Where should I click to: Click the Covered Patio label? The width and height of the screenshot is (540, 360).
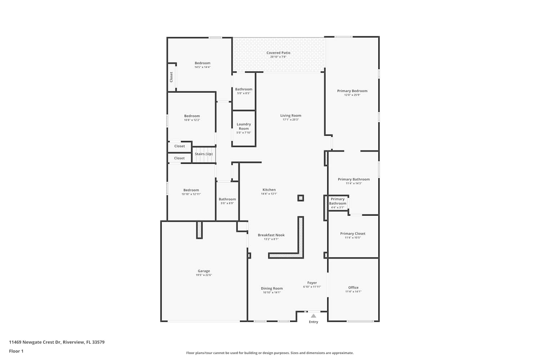pos(278,53)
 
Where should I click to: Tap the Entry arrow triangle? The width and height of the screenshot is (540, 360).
pos(313,316)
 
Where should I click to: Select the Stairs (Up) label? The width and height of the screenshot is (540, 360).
pos(204,154)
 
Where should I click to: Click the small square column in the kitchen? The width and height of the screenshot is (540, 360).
pos(300,198)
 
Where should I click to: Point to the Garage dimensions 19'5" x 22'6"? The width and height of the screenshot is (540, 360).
pos(204,275)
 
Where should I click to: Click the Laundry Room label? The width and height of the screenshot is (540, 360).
pos(244,126)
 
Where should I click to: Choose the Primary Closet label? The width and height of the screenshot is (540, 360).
pos(353,234)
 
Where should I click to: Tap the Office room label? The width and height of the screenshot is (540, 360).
pos(353,287)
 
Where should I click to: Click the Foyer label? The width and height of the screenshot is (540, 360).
pos(312,283)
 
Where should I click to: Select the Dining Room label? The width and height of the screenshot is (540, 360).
pos(272,288)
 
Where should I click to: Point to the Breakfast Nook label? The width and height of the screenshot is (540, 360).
pos(271,235)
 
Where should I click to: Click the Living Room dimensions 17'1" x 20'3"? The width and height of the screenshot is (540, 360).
pos(291,120)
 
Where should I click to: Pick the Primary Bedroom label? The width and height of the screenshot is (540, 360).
pos(352,91)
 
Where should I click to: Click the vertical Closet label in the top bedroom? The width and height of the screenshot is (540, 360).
pos(171,77)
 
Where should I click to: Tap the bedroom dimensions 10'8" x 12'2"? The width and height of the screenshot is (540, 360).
pos(192,120)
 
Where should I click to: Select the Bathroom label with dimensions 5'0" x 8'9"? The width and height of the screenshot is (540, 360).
pos(227,199)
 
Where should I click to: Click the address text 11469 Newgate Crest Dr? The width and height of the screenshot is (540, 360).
pos(35,342)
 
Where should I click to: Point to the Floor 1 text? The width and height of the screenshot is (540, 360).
pos(16,351)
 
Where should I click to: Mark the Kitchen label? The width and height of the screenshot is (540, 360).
pos(269,190)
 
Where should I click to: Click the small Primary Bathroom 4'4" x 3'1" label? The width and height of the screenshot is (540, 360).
pos(338,201)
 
